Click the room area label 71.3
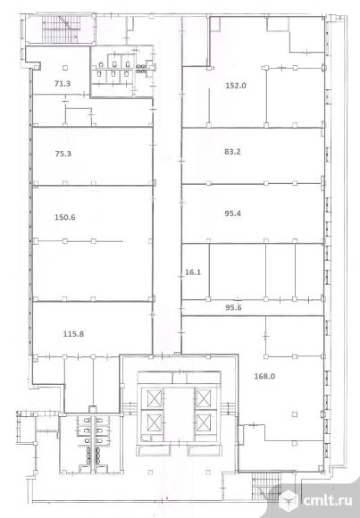[x=63, y=84]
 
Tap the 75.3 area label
[x=63, y=154]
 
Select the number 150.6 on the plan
[x=65, y=217]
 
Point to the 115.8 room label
[x=73, y=334]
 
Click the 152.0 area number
[x=236, y=86]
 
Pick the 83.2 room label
[x=232, y=152]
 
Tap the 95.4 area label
[x=233, y=213]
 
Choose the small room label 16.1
[x=193, y=272]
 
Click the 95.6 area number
[x=233, y=307]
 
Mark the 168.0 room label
[x=264, y=376]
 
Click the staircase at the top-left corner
[x=61, y=29]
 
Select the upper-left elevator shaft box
[x=152, y=398]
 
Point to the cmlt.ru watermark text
[x=327, y=500]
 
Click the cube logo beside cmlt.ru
[x=289, y=500]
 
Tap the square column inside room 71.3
[x=65, y=68]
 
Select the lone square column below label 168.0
[x=295, y=414]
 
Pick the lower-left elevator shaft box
[x=152, y=422]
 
